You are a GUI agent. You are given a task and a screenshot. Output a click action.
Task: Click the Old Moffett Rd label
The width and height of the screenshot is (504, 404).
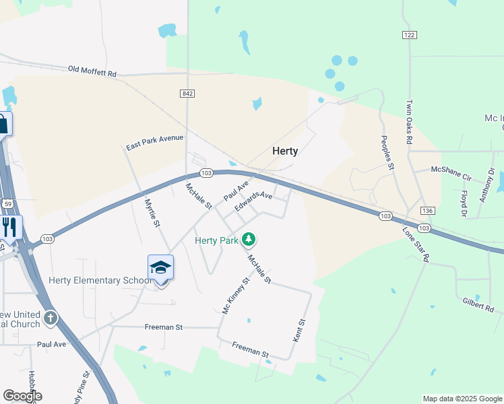pyautogui.click(x=92, y=71)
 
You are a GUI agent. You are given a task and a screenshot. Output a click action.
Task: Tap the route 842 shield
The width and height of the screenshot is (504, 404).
pyautogui.click(x=187, y=93)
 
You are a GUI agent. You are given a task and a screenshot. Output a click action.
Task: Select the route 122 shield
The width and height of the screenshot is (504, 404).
pyautogui.click(x=408, y=34)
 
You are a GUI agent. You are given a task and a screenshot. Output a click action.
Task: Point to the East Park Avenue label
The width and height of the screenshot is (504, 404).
pyautogui.click(x=155, y=142)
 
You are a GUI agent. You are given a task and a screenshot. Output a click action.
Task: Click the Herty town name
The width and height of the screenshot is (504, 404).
pyautogui.click(x=285, y=151)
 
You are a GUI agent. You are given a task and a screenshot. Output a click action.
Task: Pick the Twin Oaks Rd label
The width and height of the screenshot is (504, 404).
pyautogui.click(x=409, y=123)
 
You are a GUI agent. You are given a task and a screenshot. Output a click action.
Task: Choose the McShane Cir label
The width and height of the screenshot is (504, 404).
pyautogui.click(x=451, y=174)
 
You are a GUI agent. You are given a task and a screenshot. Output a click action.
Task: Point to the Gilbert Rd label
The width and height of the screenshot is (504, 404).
pyautogui.click(x=479, y=304)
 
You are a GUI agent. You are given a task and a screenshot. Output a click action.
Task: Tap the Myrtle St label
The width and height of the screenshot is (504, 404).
pyautogui.click(x=152, y=211)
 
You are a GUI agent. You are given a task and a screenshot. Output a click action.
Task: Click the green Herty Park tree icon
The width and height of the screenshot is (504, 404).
pyautogui.click(x=249, y=239)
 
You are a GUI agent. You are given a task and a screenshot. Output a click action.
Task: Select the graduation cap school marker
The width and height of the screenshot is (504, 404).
pyautogui.click(x=160, y=268)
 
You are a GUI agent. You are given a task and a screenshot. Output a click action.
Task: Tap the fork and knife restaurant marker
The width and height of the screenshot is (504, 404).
pyautogui.click(x=9, y=227)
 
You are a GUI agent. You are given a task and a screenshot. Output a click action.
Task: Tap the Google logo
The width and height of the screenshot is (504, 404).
pyautogui.click(x=22, y=396)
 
